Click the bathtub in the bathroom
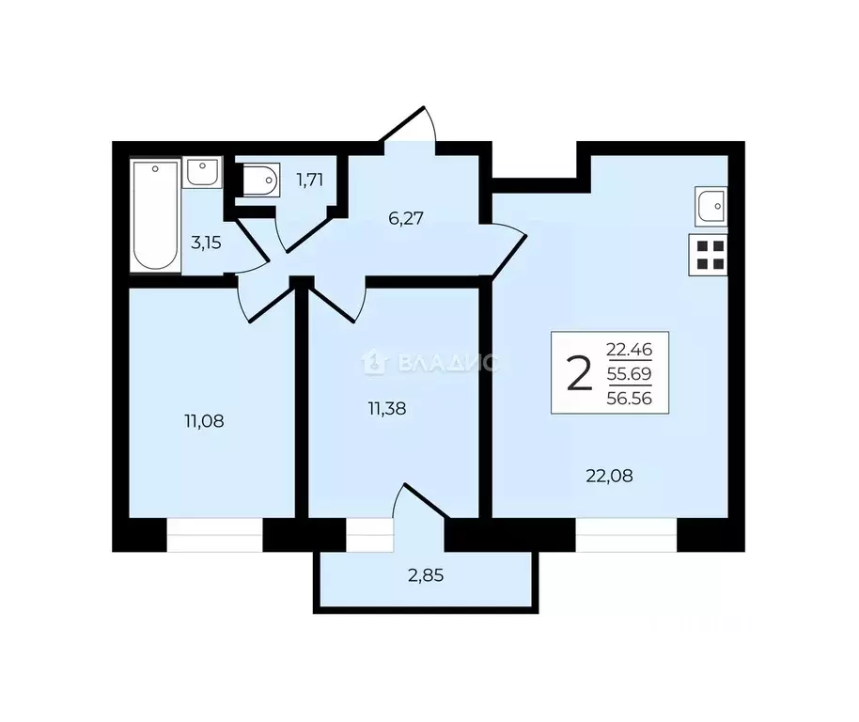[156, 216]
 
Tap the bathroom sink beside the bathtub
[202, 172]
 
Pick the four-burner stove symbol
[711, 255]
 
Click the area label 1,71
[310, 179]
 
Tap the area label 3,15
[206, 243]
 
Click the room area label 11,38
[387, 409]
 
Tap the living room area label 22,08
[609, 476]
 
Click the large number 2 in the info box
[579, 374]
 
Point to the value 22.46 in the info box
[635, 352]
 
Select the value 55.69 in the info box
[635, 374]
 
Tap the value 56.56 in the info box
[635, 398]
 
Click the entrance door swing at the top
[413, 128]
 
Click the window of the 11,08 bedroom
[214, 536]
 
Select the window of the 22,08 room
[626, 536]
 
